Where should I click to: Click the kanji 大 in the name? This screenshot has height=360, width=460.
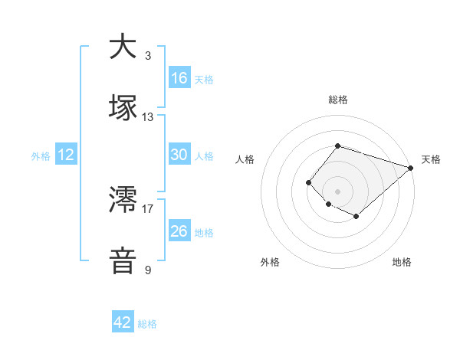123,47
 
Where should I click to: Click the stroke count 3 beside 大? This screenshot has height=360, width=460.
147,56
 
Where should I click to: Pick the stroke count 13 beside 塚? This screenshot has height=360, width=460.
148,117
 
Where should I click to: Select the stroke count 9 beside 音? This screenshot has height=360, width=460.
147,270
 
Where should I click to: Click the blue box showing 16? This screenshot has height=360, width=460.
179,78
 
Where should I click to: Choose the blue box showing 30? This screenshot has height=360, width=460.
179,155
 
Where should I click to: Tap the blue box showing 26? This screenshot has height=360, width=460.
179,231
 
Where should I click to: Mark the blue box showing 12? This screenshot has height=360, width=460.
66,155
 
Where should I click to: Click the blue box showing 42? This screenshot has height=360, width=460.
123,322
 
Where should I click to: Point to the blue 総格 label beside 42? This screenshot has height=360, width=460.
147,324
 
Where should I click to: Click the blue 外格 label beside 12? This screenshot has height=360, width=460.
41,156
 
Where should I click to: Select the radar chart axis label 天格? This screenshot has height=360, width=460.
431,159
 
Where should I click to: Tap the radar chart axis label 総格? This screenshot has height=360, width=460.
337,100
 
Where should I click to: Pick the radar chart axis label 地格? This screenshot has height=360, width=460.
402,262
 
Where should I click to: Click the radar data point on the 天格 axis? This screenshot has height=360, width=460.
412,168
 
